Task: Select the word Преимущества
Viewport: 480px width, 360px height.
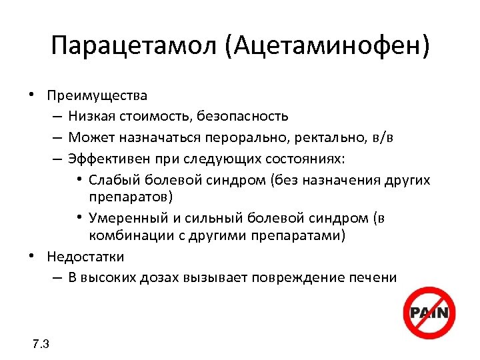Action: tap(97, 96)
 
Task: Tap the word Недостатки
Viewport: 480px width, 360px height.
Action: tap(86, 257)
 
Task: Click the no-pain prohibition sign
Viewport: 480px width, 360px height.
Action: tap(430, 313)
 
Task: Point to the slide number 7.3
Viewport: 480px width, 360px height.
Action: tap(41, 344)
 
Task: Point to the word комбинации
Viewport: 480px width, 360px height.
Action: tap(125, 235)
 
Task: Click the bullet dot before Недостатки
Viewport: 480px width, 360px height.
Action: tap(32, 255)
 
